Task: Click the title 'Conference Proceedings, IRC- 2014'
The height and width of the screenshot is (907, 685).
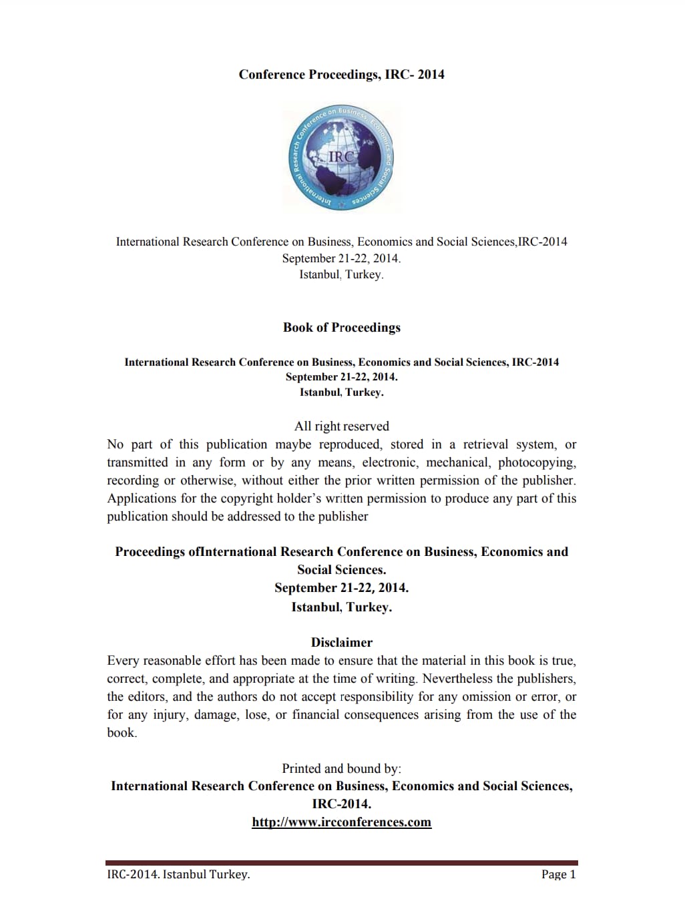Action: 341,75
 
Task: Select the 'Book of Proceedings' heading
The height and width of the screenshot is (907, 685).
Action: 341,328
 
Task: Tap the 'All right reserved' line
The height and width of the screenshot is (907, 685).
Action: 341,426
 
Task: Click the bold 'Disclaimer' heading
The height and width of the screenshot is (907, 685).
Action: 341,643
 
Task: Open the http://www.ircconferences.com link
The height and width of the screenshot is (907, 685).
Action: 341,822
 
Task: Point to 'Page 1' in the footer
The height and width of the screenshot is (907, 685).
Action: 558,874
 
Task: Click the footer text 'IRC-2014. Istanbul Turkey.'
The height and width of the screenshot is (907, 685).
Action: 178,874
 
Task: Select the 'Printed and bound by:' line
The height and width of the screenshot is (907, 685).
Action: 341,769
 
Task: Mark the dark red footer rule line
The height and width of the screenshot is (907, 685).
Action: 341,863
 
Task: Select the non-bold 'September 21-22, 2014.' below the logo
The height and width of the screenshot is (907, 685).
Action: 341,258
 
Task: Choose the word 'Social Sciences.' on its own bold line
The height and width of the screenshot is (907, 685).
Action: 341,570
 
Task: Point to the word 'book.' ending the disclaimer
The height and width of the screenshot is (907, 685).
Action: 122,733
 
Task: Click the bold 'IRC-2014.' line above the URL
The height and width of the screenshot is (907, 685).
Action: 341,804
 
